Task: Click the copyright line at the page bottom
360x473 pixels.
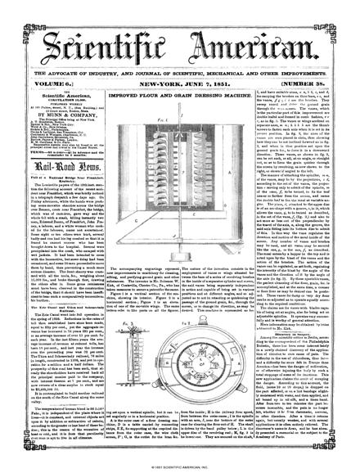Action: tap(179, 467)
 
